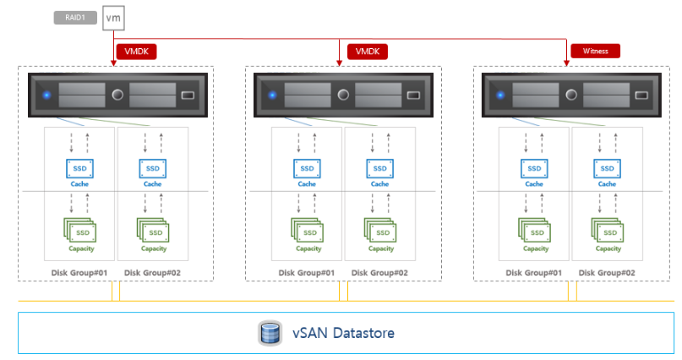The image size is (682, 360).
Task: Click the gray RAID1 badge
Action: pos(76,16)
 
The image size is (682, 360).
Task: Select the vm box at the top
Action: pos(113,17)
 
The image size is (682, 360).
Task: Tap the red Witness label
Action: pos(596,51)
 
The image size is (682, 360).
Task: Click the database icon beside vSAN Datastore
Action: pos(270,333)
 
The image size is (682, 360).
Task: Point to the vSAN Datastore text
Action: pos(343,333)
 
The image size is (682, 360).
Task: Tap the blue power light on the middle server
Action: pos(272,95)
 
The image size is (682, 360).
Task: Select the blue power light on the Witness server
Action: pos(499,95)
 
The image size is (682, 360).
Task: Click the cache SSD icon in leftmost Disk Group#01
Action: pos(79,169)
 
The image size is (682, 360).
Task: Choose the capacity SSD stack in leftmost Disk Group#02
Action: pos(152,230)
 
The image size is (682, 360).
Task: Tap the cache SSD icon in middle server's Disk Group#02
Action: pos(379,169)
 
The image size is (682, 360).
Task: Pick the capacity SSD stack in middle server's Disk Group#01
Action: pos(307,230)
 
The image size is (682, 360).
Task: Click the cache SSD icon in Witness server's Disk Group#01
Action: pos(534,169)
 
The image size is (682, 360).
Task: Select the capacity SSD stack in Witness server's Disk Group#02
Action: pos(607,230)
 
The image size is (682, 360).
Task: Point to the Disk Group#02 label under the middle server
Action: pos(379,272)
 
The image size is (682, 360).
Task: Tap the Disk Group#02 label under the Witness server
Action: pos(607,272)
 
